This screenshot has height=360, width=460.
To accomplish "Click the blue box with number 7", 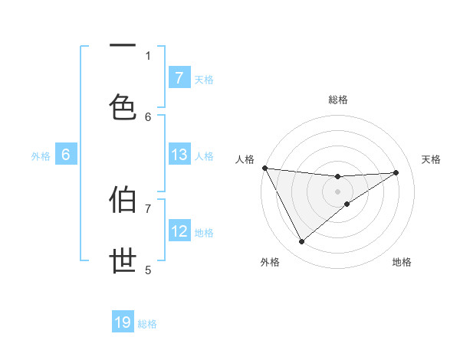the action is pos(179,77).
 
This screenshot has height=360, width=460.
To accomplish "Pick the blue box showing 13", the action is pos(179,155).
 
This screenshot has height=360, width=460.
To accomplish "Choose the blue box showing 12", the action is pos(179,231).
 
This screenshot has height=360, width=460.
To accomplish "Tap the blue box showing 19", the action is pos(123,322).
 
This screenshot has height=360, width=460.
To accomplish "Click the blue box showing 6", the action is pos(66,155).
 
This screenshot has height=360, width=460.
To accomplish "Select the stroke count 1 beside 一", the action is pos(149,56).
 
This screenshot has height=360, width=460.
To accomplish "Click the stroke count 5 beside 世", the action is pos(149,270).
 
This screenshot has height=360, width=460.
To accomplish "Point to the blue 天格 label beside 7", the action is pos(204,79).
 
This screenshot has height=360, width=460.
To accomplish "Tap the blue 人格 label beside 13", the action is pos(204,155).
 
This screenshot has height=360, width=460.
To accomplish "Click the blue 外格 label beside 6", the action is pos(41,155).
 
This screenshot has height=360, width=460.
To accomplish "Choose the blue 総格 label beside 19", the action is pos(147,324).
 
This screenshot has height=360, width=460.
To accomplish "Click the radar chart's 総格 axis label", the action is pos(338,100).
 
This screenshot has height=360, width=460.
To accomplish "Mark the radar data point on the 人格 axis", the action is pos(264,167).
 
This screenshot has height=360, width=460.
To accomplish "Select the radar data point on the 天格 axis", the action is pos(396,172).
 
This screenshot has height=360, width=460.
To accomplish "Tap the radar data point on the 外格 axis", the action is pos(301,242).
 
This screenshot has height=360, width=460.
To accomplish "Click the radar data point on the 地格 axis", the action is pos(347,204).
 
